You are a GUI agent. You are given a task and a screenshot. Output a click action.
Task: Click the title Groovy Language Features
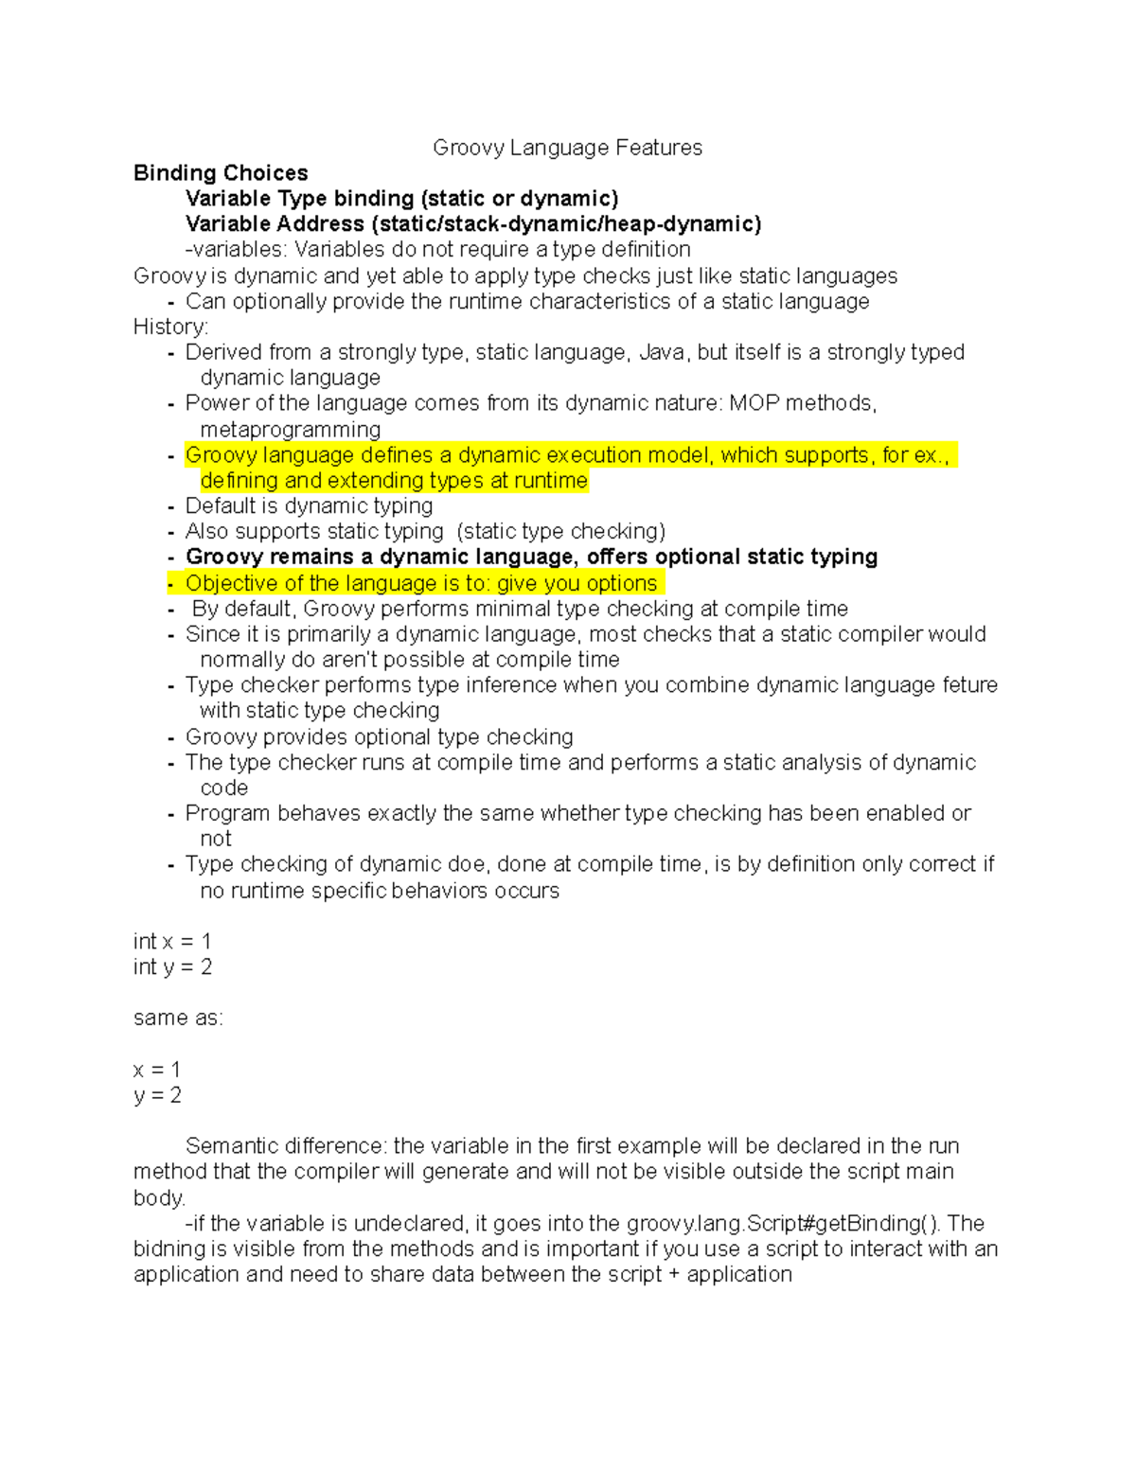[567, 148]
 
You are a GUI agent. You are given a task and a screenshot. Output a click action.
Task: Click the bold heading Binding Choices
[221, 173]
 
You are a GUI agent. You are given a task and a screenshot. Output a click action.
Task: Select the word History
[169, 327]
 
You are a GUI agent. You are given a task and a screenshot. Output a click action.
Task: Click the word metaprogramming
[290, 429]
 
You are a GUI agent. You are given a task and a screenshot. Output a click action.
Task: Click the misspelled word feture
[969, 684]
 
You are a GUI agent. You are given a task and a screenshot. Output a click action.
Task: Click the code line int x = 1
[172, 941]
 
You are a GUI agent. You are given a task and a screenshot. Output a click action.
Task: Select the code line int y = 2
[172, 966]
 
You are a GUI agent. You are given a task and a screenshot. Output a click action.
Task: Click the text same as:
[178, 1018]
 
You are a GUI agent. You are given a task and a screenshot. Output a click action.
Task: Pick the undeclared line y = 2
[157, 1095]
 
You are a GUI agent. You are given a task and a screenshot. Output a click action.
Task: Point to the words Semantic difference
[285, 1145]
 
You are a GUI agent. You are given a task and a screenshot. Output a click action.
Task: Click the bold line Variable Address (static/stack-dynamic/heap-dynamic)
[472, 224]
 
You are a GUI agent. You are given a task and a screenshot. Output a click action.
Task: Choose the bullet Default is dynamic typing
[309, 505]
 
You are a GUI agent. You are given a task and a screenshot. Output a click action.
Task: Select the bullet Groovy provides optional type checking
[379, 736]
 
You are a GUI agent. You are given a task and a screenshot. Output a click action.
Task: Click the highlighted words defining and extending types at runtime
[394, 481]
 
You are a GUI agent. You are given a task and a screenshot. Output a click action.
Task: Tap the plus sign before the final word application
[674, 1274]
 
